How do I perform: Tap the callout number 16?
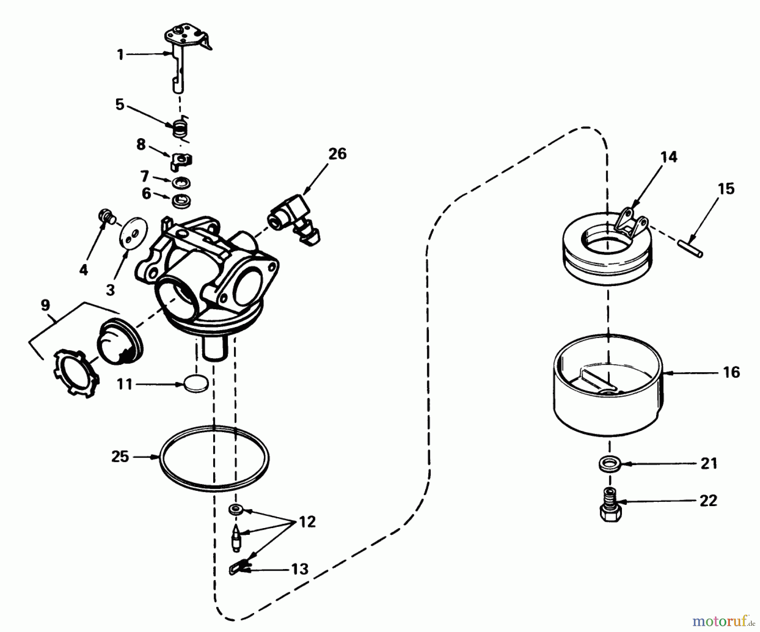coord(731,372)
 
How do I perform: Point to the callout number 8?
coord(141,144)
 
